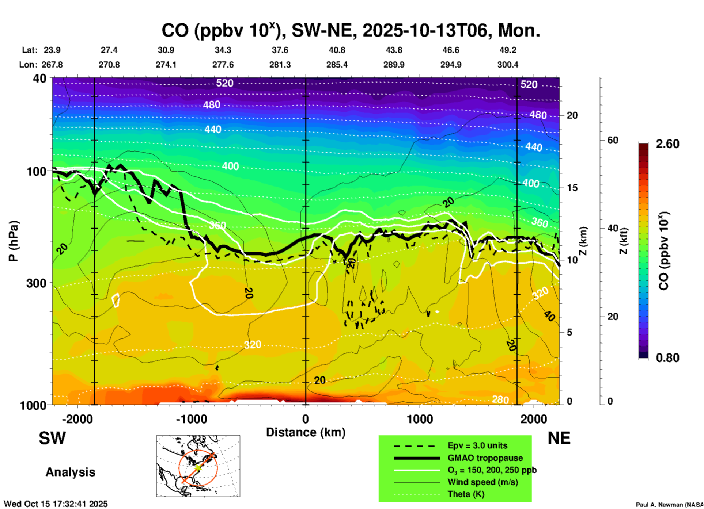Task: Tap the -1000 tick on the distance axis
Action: click(x=192, y=419)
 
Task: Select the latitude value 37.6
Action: click(x=280, y=50)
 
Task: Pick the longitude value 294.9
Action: click(x=450, y=65)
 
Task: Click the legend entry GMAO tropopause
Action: click(x=485, y=458)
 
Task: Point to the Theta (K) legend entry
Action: click(x=466, y=494)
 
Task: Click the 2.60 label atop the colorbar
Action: click(x=667, y=144)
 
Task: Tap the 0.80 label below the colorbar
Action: click(x=667, y=358)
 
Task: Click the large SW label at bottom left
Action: click(x=52, y=438)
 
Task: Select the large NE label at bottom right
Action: click(x=559, y=438)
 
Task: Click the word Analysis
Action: click(x=70, y=472)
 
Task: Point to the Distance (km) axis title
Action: click(x=306, y=432)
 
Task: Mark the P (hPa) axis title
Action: click(x=13, y=241)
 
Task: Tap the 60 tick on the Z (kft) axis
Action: click(x=613, y=140)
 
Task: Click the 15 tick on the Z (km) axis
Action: click(x=572, y=188)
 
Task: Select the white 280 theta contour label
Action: click(x=500, y=400)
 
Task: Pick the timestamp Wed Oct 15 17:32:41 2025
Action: click(x=56, y=504)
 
